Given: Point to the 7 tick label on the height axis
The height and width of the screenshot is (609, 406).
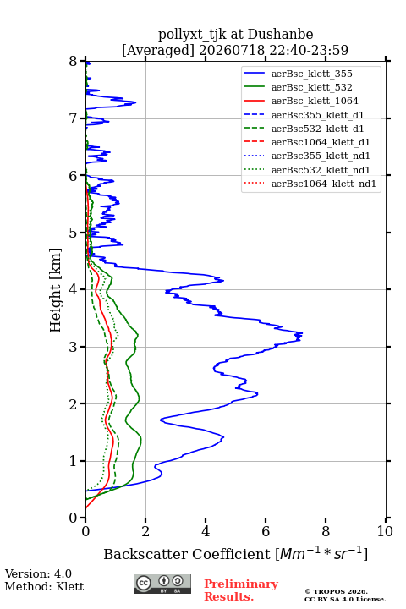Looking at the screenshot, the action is [74, 118].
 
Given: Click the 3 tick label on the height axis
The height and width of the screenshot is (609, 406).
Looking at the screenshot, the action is [74, 347].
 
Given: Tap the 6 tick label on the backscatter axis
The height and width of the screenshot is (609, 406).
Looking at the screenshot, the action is [266, 531].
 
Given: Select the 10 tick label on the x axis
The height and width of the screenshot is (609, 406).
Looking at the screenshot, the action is [385, 531].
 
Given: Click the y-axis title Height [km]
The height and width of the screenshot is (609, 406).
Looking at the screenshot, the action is [55, 290].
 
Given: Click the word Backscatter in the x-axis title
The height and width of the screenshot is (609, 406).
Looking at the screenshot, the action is [148, 554].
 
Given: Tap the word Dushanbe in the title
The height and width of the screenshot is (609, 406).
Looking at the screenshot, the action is [280, 35].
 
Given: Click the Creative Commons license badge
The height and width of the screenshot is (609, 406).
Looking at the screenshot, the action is [162, 584].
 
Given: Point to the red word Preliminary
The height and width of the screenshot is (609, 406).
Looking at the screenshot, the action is [241, 584].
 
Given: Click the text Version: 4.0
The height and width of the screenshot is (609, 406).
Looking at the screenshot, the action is [38, 573].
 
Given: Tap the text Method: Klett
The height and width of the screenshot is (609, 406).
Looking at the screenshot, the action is [44, 586].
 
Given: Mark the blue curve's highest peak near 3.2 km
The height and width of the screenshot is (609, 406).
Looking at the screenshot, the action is [302, 334].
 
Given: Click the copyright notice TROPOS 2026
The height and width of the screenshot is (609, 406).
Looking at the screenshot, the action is [337, 591].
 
